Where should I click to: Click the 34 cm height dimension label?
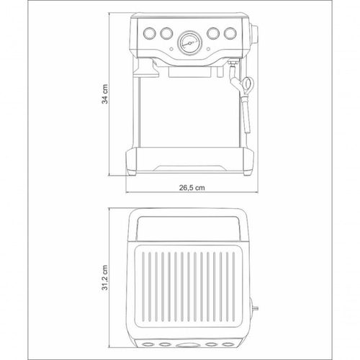coord(105,94)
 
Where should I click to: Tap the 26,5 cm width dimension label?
coord(192,187)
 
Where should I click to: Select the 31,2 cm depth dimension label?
coord(105,278)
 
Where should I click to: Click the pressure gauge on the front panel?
coord(189,43)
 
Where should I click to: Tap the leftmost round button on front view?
coord(149,33)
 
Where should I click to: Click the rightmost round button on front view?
coord(230,33)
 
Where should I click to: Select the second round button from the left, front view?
coord(166,33)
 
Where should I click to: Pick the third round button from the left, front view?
coord(213,33)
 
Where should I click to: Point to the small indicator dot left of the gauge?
coord(171,49)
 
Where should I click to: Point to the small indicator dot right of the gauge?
coord(208,49)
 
